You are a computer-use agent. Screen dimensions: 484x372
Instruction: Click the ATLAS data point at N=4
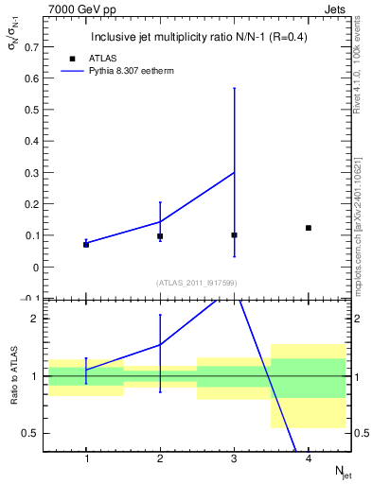(x=309, y=228)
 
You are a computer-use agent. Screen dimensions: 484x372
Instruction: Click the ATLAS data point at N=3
(x=234, y=234)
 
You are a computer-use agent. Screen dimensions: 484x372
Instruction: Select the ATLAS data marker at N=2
(x=160, y=236)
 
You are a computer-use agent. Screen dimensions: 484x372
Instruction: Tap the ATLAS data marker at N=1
(x=86, y=244)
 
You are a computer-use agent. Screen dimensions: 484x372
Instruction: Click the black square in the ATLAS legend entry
(x=70, y=58)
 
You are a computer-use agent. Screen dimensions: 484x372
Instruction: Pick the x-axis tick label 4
(x=309, y=459)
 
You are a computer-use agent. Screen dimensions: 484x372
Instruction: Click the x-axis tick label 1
(x=86, y=459)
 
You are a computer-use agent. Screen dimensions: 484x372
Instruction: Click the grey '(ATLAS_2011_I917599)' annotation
(x=197, y=283)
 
